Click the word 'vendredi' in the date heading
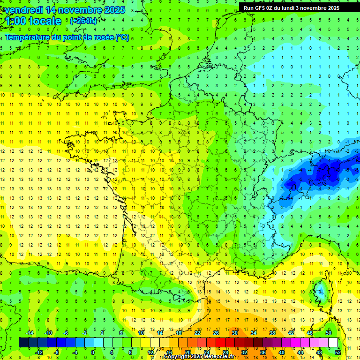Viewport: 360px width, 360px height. coord(23,10)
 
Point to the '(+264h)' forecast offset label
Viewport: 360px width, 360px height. coord(83,21)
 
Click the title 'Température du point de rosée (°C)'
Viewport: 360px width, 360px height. coord(67,37)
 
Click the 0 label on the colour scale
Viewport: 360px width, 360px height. coord(93,352)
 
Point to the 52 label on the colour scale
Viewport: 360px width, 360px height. coord(337,352)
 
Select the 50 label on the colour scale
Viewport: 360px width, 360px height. coord(328,333)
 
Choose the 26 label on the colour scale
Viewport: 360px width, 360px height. coord(216,333)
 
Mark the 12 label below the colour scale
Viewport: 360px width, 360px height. coord(150,352)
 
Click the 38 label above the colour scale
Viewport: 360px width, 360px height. coord(272,333)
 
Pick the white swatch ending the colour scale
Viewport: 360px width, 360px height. coord(333,343)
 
